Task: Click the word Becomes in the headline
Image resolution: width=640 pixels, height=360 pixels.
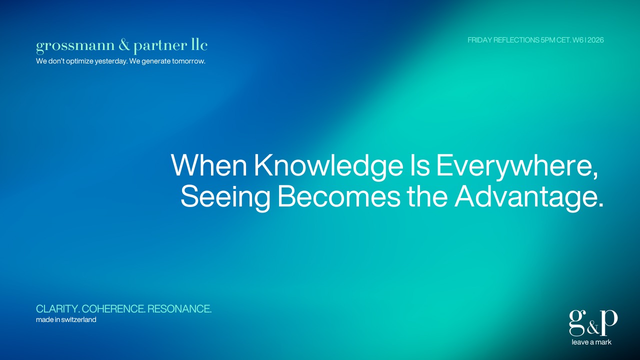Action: pyautogui.click(x=339, y=196)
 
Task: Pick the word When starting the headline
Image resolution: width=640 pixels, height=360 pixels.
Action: pyautogui.click(x=209, y=165)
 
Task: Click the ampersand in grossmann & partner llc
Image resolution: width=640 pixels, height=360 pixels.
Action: pyautogui.click(x=124, y=45)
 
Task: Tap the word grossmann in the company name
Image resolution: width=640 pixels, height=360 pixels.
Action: pyautogui.click(x=75, y=46)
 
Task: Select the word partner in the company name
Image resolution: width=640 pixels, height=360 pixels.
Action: pyautogui.click(x=160, y=46)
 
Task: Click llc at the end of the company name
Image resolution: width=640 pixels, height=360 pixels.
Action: pyautogui.click(x=199, y=45)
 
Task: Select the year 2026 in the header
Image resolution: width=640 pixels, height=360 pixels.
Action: pyautogui.click(x=595, y=40)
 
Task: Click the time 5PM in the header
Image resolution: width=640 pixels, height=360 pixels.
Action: pyautogui.click(x=547, y=40)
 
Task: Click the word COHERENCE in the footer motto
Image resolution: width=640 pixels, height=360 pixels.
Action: pyautogui.click(x=113, y=309)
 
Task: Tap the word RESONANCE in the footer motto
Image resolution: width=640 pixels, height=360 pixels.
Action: pyautogui.click(x=179, y=309)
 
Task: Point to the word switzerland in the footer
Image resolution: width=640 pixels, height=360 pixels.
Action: pyautogui.click(x=78, y=319)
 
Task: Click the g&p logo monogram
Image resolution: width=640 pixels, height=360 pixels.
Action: pyautogui.click(x=593, y=323)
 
